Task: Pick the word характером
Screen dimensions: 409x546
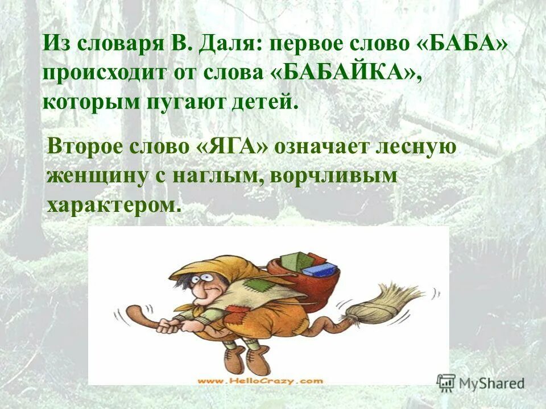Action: click(x=115, y=204)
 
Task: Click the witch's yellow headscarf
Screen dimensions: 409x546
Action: click(x=216, y=267)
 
